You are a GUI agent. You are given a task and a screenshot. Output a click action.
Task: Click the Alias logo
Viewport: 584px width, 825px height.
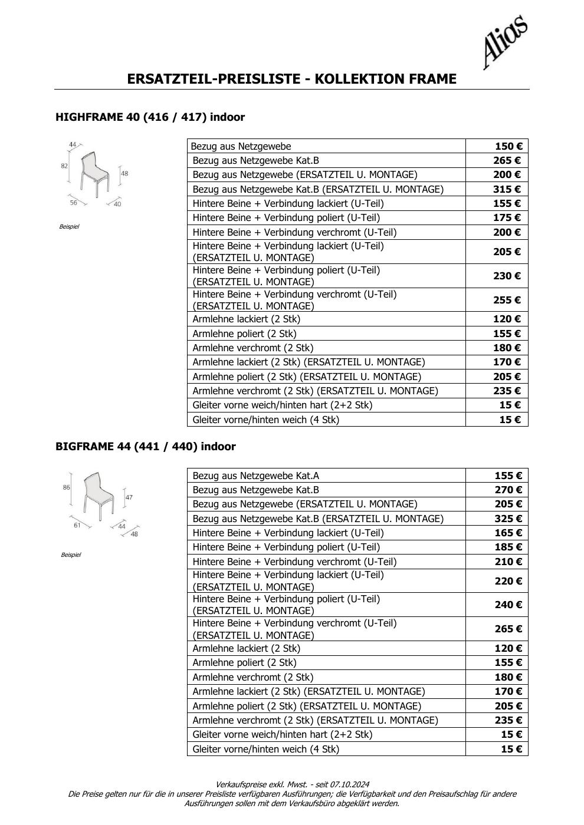click(504, 42)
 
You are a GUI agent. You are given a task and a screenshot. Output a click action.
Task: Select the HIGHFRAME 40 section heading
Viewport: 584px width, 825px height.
click(150, 117)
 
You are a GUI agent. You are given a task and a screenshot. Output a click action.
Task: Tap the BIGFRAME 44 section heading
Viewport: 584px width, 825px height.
click(145, 447)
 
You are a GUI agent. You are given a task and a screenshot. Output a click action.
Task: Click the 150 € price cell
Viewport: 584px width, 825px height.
click(507, 146)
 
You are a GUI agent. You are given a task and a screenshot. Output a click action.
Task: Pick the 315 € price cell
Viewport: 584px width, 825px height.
click(507, 189)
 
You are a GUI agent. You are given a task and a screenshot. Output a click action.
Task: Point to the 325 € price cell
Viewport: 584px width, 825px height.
click(508, 519)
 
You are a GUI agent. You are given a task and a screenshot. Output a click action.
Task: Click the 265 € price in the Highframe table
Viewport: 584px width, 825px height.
click(507, 160)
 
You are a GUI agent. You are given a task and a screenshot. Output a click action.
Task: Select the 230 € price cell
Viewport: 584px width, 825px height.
click(507, 276)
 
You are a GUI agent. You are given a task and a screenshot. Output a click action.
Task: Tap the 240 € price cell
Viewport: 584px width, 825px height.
click(508, 605)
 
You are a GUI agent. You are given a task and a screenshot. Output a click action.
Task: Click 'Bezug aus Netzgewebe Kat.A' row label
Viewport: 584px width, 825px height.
click(255, 476)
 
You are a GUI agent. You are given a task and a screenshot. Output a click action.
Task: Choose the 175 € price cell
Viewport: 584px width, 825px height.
click(507, 217)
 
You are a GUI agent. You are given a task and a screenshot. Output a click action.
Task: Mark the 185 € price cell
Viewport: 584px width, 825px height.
click(508, 547)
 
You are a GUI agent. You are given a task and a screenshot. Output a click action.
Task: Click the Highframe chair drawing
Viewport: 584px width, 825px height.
click(94, 173)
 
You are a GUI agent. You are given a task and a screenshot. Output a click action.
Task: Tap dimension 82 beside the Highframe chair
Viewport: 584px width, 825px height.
click(64, 166)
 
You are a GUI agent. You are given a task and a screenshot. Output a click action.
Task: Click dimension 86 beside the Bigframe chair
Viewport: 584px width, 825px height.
click(66, 487)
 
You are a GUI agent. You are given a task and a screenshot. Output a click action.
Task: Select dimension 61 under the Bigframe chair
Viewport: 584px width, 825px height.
click(77, 525)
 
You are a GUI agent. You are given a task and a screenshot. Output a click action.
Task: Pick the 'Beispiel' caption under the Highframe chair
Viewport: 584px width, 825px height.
click(69, 227)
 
